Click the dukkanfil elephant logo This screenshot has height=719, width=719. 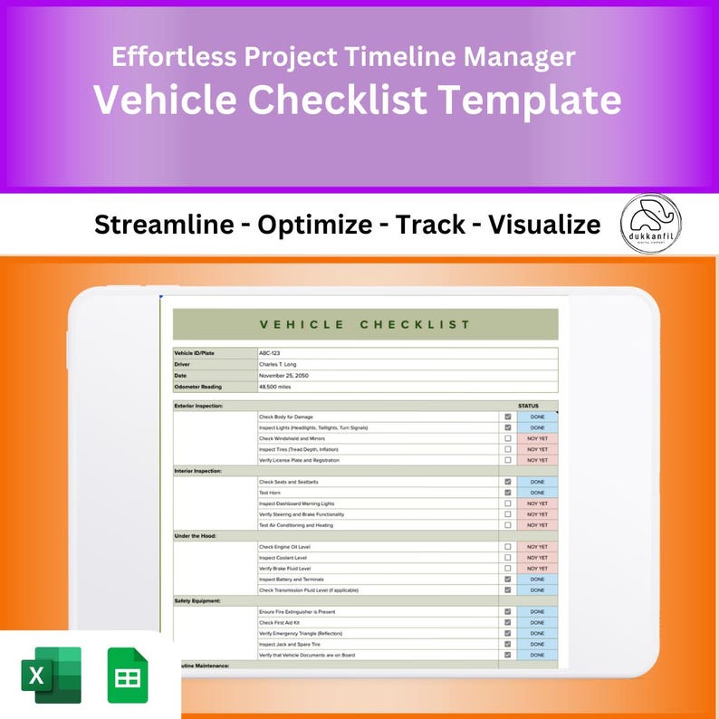coord(651,223)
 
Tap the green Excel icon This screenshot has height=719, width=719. coord(51,675)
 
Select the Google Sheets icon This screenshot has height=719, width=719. coord(128,675)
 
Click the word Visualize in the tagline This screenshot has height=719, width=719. coord(544,224)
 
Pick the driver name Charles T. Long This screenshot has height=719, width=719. coord(279,364)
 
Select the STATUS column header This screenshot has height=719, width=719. coord(528,406)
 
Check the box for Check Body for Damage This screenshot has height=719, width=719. coord(508,417)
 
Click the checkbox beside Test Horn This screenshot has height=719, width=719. coord(508,493)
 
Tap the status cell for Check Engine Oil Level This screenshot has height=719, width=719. coord(537,547)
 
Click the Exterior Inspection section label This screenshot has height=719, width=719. coord(198,406)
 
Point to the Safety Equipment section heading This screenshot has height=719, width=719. coord(197,600)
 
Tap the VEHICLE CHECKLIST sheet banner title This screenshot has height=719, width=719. coord(365,324)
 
